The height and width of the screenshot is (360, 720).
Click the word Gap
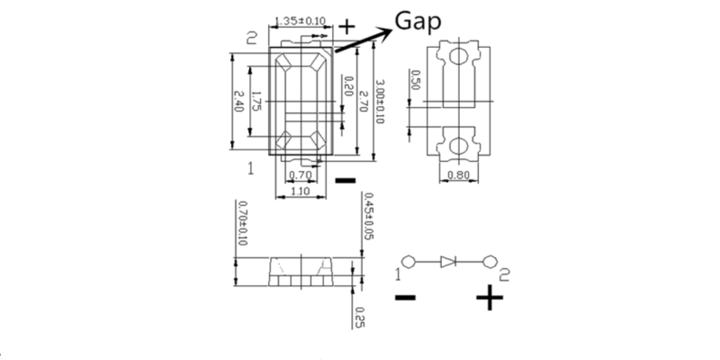[x=418, y=22]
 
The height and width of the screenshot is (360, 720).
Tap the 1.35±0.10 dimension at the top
[x=300, y=21]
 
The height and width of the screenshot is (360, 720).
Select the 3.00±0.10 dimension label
[x=380, y=102]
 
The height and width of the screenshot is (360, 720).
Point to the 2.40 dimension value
[x=239, y=101]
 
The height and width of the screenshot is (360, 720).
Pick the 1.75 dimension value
[x=256, y=103]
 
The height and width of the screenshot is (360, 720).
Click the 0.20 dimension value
[x=348, y=85]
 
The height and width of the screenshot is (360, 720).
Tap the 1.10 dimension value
[x=301, y=191]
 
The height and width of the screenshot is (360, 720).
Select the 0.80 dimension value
[x=458, y=175]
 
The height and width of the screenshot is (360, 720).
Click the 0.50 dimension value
[x=415, y=80]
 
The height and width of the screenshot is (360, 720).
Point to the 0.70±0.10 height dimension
[x=242, y=223]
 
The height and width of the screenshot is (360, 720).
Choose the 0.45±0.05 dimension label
[x=368, y=216]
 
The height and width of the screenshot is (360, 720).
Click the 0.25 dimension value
[x=359, y=318]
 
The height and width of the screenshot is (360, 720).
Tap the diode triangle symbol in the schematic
[x=447, y=262]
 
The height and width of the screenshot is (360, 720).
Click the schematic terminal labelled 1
[x=409, y=262]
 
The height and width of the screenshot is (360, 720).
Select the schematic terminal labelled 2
[x=490, y=262]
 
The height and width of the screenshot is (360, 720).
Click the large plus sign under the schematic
[x=490, y=298]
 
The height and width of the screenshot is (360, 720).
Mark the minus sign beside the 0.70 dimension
[x=346, y=181]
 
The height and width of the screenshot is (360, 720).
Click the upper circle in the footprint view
[x=458, y=57]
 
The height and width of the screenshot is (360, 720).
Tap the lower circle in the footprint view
[x=458, y=146]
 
